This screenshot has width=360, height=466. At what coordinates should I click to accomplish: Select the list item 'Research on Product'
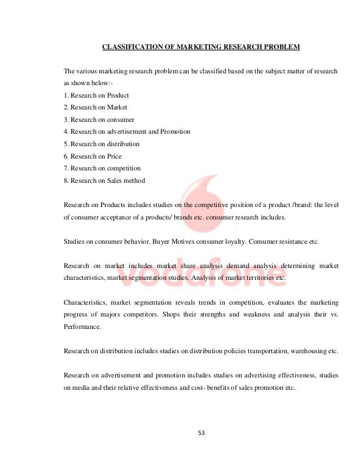click(96, 95)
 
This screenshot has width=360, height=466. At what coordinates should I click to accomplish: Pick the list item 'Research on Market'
click(95, 107)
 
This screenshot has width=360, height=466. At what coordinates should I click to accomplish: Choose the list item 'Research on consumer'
click(99, 120)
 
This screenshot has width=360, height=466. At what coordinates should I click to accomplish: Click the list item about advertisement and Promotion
click(127, 131)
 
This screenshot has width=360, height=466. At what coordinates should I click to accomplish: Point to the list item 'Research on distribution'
click(102, 144)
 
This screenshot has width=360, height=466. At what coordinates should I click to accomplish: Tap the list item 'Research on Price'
click(93, 156)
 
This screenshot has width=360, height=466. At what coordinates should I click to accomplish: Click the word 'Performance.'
click(82, 326)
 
